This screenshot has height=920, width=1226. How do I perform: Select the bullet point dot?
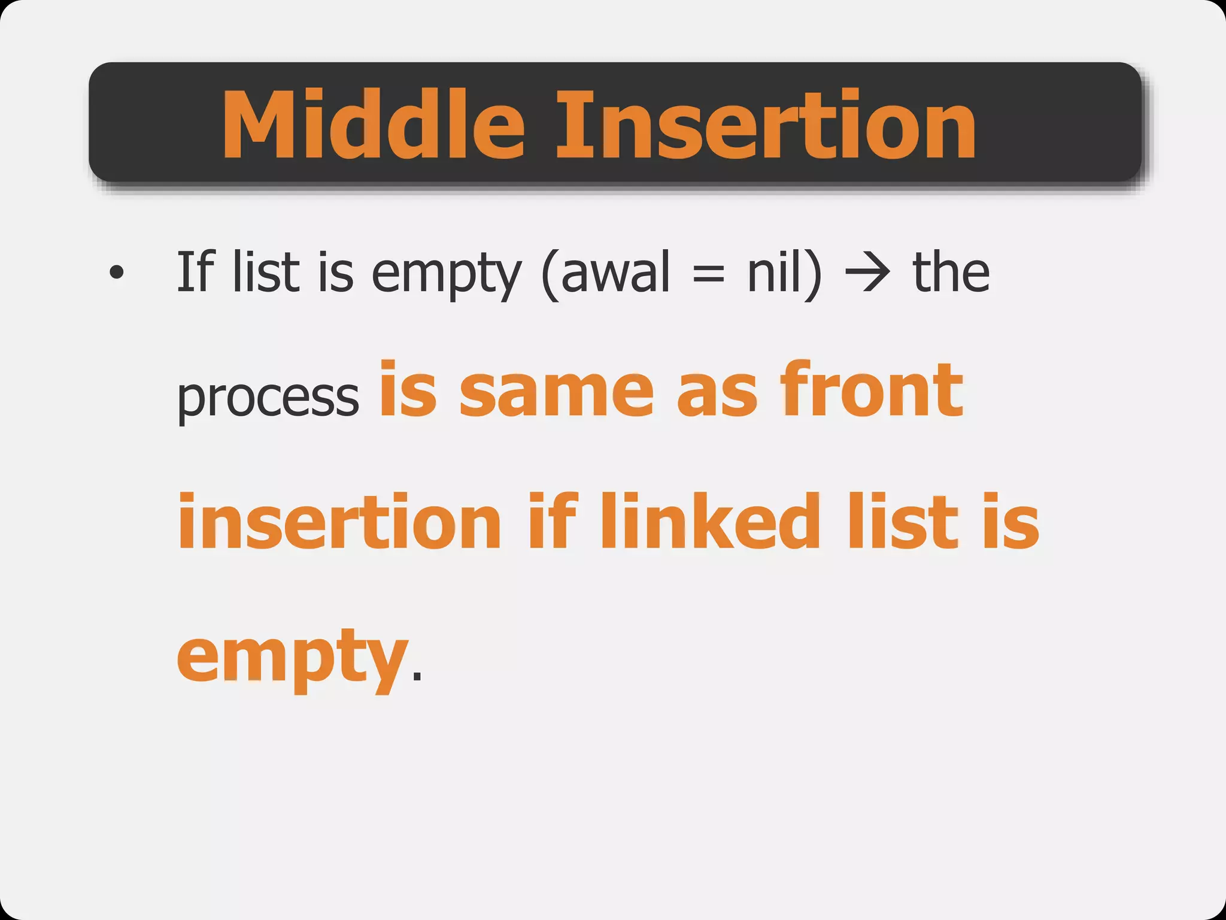117,273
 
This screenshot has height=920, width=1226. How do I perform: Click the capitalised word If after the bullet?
195,272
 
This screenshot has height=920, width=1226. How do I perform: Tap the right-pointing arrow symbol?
867,273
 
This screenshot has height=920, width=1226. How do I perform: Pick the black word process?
268,398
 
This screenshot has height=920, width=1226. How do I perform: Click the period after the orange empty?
417,677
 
